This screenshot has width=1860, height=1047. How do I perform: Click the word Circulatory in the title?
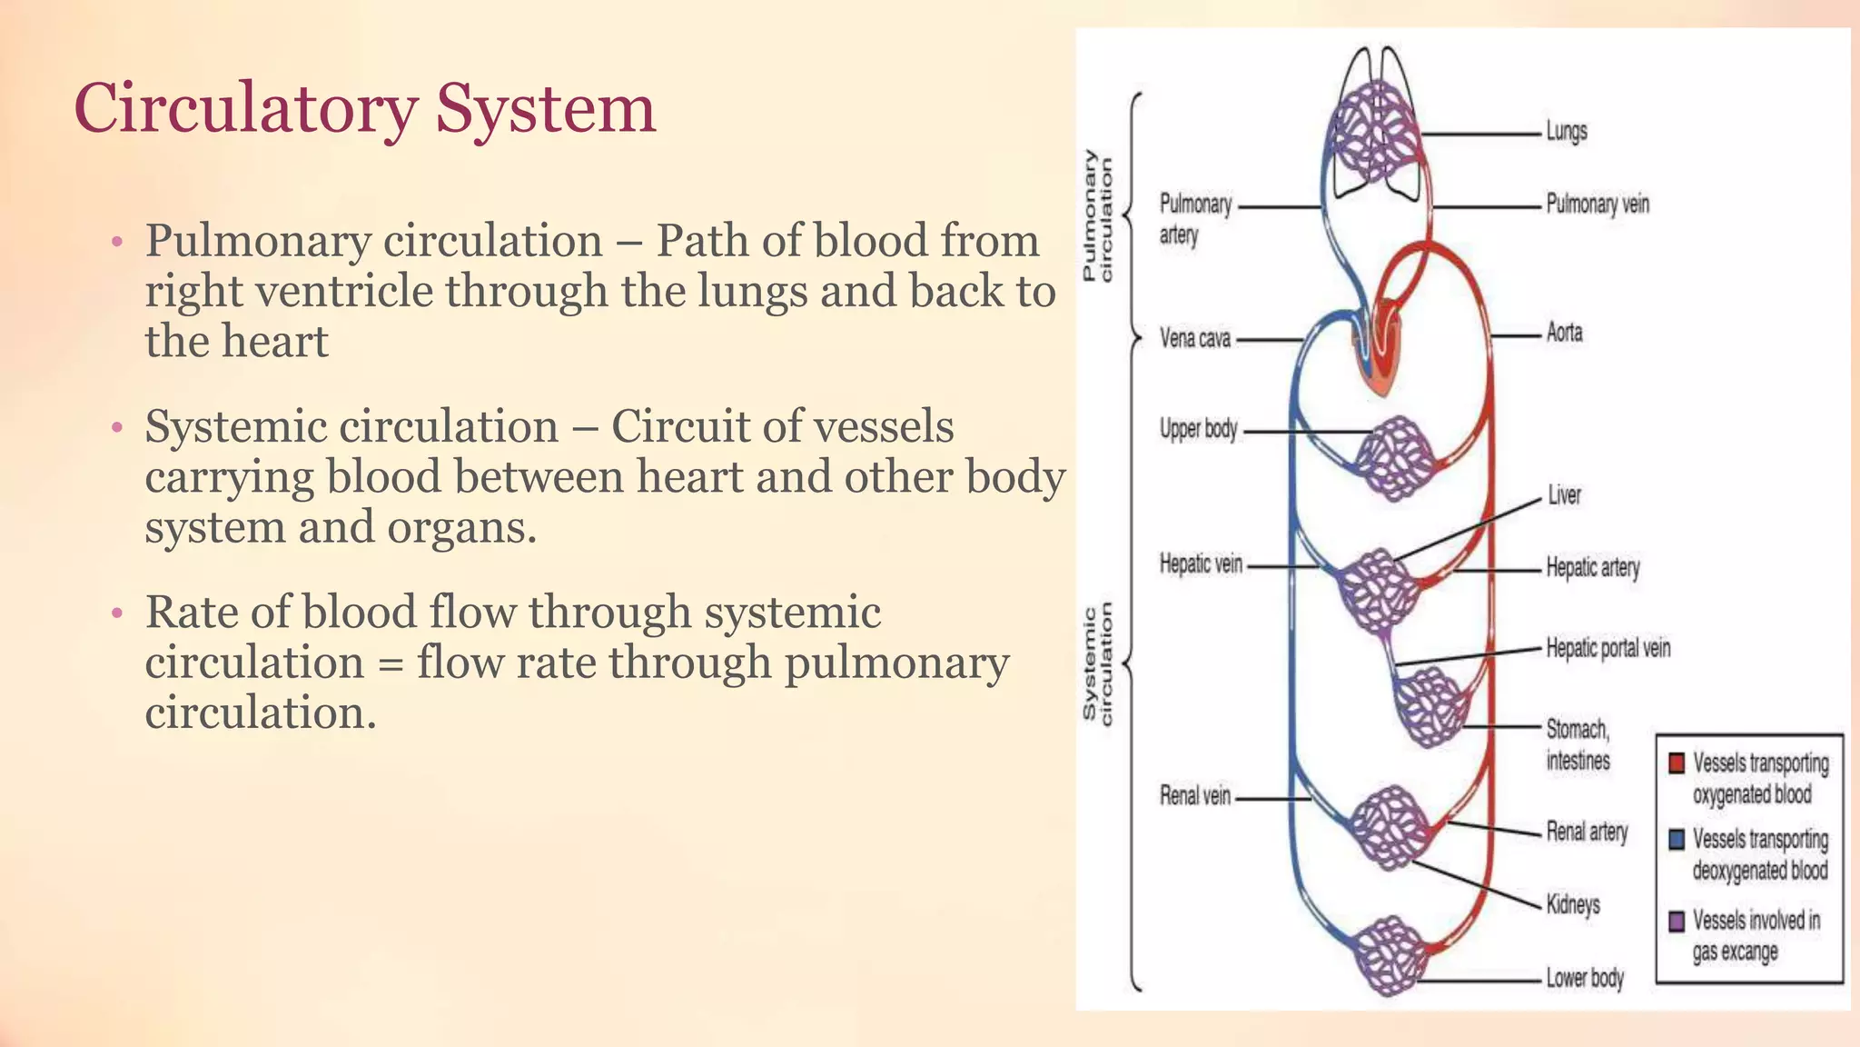tap(244, 109)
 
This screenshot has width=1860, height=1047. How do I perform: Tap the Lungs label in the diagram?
tap(1567, 132)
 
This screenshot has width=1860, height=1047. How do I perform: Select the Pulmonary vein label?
tap(1598, 204)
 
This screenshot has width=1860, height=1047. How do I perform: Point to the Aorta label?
tap(1564, 333)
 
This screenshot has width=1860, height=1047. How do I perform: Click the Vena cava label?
tap(1195, 339)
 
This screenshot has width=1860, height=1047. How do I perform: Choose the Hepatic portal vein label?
tap(1608, 648)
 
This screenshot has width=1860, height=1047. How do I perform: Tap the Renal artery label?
tap(1587, 832)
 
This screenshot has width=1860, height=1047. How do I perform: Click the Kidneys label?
tap(1573, 904)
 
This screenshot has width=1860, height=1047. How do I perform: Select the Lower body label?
tap(1585, 978)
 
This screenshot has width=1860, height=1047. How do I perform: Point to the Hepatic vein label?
tap(1201, 564)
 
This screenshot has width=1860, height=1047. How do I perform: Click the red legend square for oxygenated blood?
tap(1677, 763)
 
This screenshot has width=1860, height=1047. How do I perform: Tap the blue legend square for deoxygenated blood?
tap(1677, 839)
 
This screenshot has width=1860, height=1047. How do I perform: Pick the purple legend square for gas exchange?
tap(1677, 921)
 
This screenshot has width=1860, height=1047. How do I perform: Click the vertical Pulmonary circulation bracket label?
tap(1097, 216)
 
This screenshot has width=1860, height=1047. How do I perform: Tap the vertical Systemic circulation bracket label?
tap(1097, 664)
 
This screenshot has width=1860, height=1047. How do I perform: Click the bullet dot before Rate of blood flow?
tap(115, 614)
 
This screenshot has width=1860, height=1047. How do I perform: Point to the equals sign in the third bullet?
tap(390, 663)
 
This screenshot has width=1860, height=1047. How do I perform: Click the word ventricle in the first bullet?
tap(339, 292)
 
